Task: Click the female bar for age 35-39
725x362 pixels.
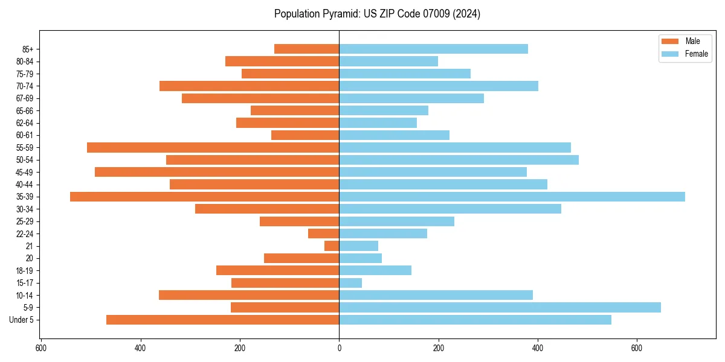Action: coord(512,197)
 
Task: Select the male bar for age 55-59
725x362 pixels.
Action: coord(213,147)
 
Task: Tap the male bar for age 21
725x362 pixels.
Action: coord(332,246)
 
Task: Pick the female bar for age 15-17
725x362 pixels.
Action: coord(350,283)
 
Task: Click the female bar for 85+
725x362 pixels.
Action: coord(433,49)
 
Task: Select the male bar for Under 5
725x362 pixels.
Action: coord(222,320)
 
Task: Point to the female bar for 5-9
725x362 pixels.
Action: coord(500,308)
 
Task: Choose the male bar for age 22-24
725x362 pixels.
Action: coord(324,233)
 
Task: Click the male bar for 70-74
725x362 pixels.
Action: coord(249,86)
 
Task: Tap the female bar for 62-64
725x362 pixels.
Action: coord(378,122)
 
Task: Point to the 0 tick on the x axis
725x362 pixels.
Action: coord(339,348)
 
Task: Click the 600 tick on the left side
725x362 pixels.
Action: coord(41,348)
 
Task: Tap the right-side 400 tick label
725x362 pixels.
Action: coord(538,348)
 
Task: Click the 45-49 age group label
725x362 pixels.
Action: coord(25,172)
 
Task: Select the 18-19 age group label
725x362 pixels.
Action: coord(25,271)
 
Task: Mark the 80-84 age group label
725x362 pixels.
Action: coord(25,62)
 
